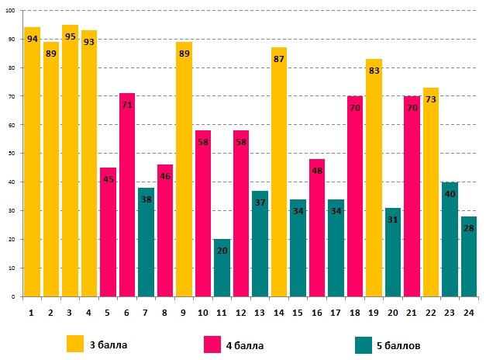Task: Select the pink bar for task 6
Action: coord(127,195)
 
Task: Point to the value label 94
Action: coord(32,39)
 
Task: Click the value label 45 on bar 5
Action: coord(108,180)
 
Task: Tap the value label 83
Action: coord(374,71)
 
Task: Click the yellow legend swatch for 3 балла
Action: coord(75,344)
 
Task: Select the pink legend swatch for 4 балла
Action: coord(213,344)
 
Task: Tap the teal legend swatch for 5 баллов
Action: coord(364,344)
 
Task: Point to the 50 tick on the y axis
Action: coord(12,154)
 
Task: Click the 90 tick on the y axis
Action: coord(12,39)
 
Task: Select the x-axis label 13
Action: coord(260,313)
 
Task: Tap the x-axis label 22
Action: coord(430,313)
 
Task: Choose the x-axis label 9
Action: coord(184,313)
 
